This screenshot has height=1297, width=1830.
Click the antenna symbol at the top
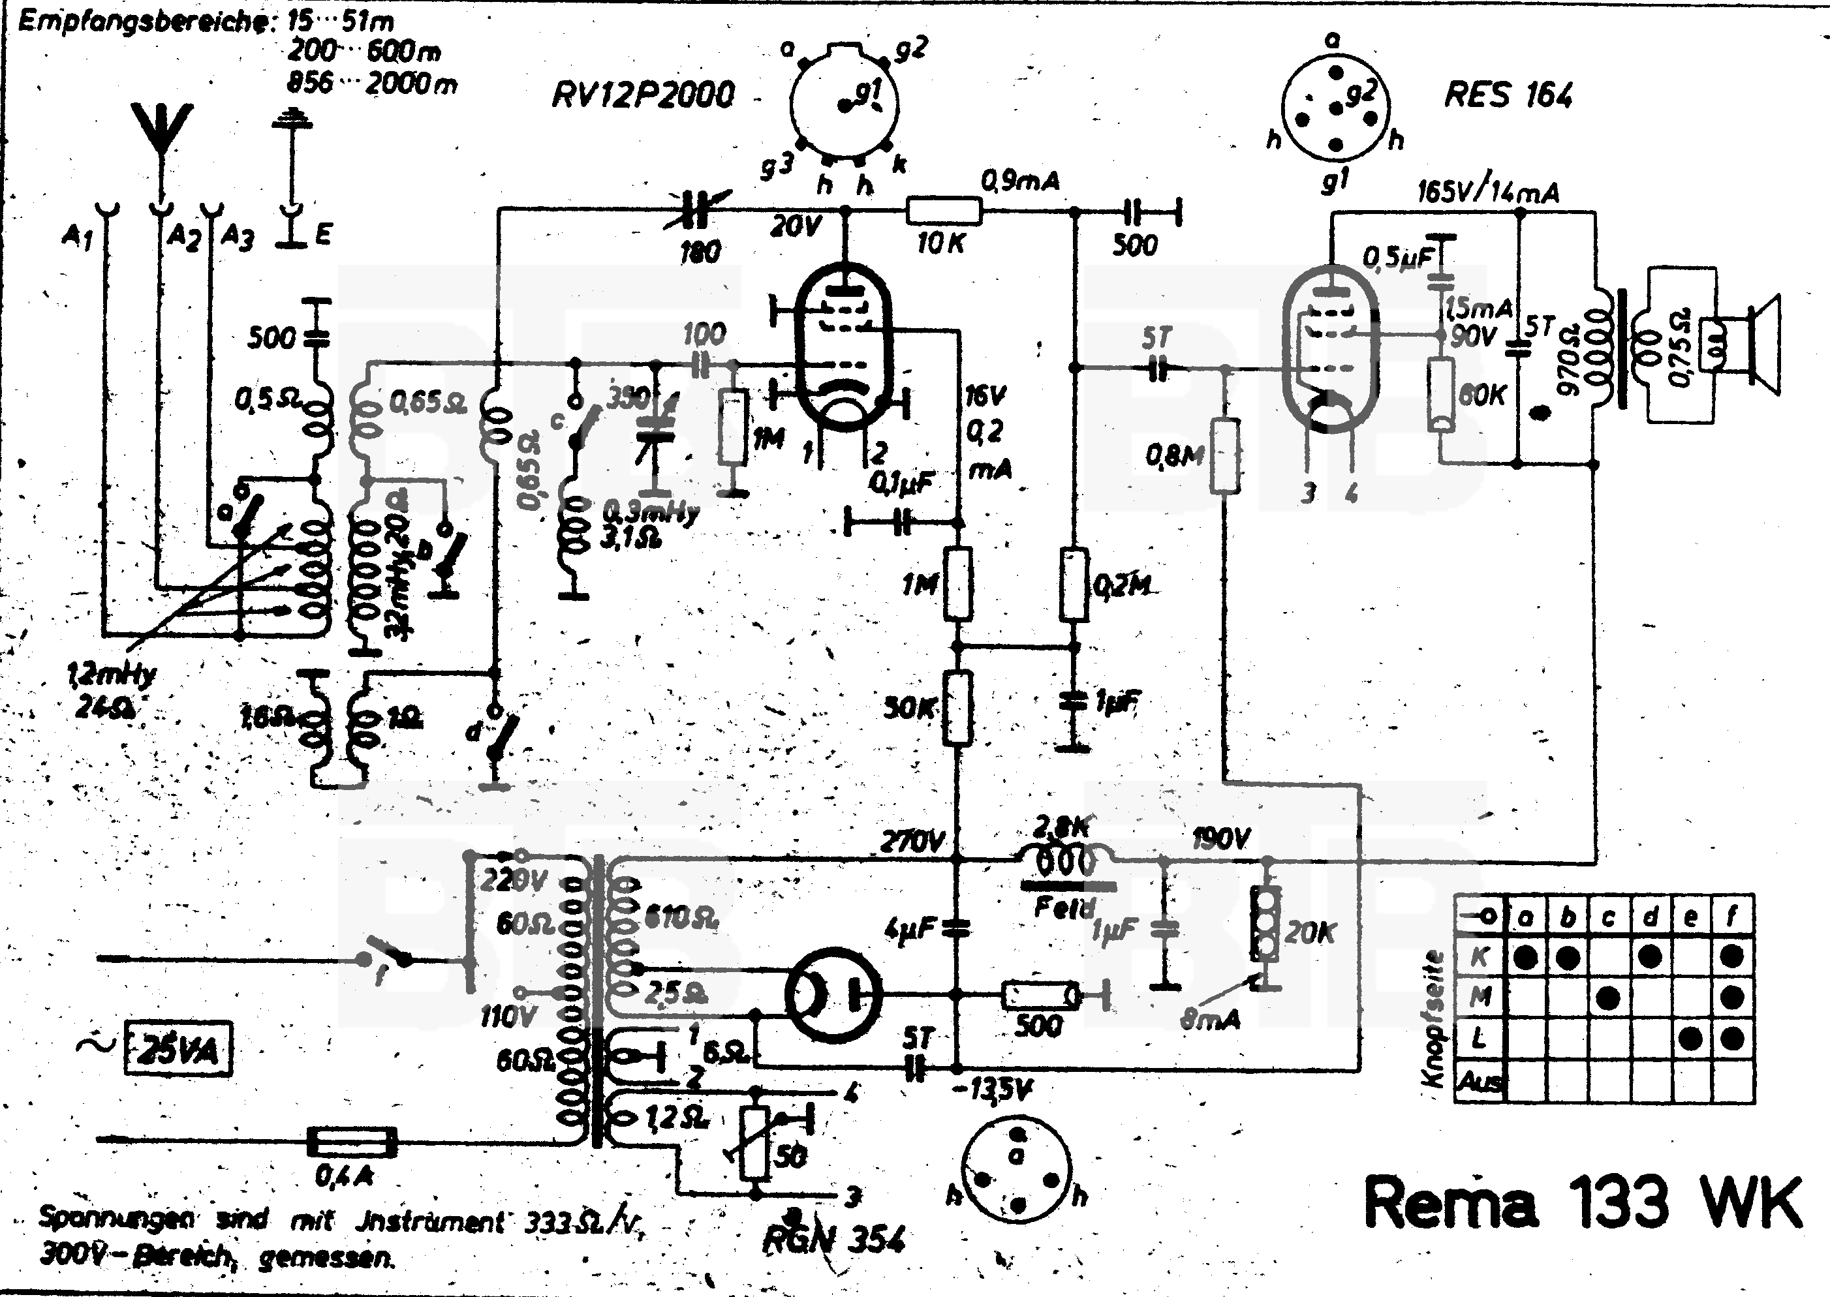[x=162, y=132]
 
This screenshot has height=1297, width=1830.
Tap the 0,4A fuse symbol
[x=352, y=1142]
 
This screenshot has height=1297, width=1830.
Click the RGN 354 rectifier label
[x=835, y=1240]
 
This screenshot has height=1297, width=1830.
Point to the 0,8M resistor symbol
[x=1224, y=455]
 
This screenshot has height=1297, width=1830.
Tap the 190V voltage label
[x=1220, y=838]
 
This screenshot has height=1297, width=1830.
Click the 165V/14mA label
[x=1487, y=192]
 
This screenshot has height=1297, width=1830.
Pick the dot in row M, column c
[x=1609, y=998]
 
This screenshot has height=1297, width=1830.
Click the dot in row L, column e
[x=1690, y=1039]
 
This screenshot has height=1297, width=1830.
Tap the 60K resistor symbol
[x=1440, y=395]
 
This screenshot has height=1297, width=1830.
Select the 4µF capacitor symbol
[x=956, y=928]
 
